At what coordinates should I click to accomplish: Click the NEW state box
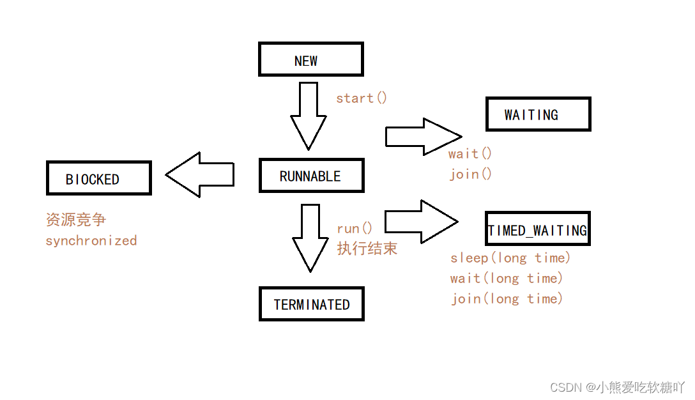[310, 59]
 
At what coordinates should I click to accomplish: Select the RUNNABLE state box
[311, 176]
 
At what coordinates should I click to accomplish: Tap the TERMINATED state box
[311, 304]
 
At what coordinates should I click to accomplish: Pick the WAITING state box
[538, 114]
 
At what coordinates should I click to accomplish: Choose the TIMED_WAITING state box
[537, 229]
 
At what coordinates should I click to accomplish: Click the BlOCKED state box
[98, 178]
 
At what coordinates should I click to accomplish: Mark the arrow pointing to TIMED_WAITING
[421, 222]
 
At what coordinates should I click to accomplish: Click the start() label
[362, 98]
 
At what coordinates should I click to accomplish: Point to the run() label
[355, 229]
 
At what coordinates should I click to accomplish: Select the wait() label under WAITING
[470, 154]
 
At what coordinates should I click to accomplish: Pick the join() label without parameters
[470, 174]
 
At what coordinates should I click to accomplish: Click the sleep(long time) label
[510, 258]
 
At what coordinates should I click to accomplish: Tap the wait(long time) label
[507, 279]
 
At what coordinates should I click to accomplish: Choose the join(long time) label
[507, 298]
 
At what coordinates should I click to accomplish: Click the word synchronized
[91, 241]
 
